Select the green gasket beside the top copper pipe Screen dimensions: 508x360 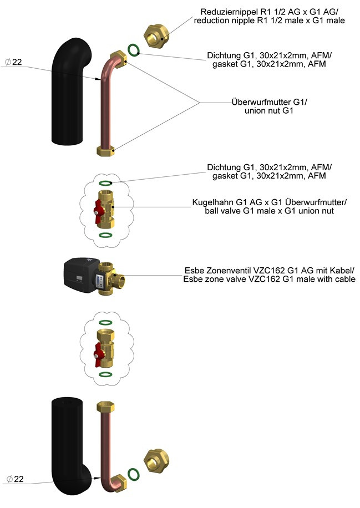pos(133,50)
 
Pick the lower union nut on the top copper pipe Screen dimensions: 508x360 pos(106,150)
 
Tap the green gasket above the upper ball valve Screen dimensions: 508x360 pos(105,182)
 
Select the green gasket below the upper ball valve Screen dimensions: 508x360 pos(105,235)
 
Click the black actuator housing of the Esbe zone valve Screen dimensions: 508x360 pos(81,273)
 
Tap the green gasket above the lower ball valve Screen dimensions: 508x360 pos(105,322)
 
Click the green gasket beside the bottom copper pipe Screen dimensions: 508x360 pos(133,474)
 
